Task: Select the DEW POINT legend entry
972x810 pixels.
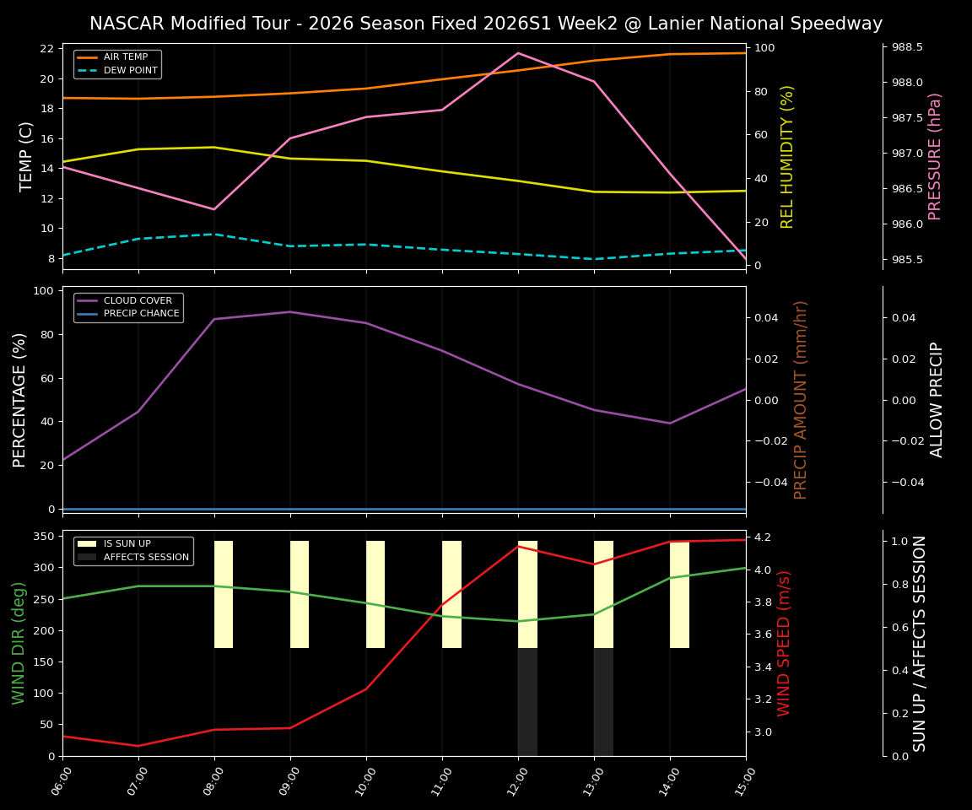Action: [130, 71]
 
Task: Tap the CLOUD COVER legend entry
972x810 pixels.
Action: [138, 300]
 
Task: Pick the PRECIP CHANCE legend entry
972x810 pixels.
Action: [141, 314]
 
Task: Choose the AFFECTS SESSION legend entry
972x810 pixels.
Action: [146, 558]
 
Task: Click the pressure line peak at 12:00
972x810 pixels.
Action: [518, 52]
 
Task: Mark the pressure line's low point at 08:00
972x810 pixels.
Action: [214, 209]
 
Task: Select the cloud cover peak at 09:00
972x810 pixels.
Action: [290, 312]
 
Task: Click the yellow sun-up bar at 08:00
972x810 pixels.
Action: [224, 594]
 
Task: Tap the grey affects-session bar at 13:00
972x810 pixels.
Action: [603, 702]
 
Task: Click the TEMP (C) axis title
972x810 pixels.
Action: [27, 156]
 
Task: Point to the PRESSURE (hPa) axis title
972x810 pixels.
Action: [935, 156]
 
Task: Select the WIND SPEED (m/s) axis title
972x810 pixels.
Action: [785, 643]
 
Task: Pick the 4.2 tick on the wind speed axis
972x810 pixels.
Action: [762, 537]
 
